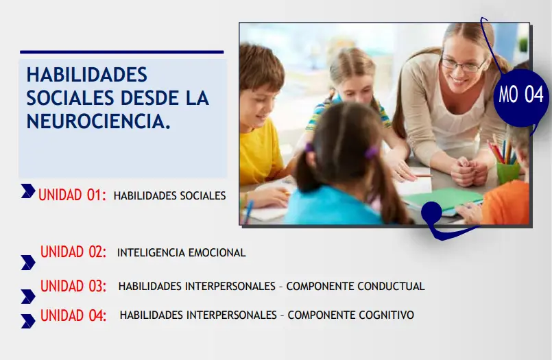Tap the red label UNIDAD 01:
tap(72, 195)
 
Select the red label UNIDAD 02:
tap(73, 252)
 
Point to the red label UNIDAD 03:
tap(73, 286)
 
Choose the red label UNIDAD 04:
tap(73, 315)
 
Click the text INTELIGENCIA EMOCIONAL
tap(181, 252)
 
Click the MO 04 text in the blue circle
tap(521, 95)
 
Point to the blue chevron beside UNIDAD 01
tap(28, 191)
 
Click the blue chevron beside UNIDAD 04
tap(28, 321)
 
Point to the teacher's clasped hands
tap(469, 171)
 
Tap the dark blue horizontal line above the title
tap(122, 52)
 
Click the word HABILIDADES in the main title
tap(87, 75)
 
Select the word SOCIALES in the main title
tap(71, 98)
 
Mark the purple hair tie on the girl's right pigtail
tap(372, 152)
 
